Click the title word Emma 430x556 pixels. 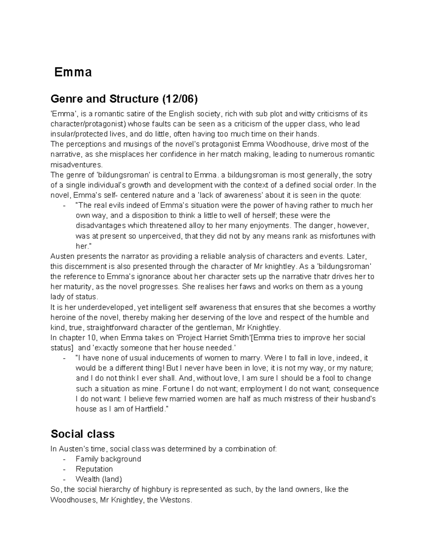73,72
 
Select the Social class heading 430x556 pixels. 82,434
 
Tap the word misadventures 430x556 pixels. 76,165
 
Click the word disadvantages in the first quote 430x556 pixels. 101,226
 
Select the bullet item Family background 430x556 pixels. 108,459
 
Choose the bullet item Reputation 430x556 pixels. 94,469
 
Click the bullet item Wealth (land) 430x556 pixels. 99,479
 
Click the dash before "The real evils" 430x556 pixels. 64,206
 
